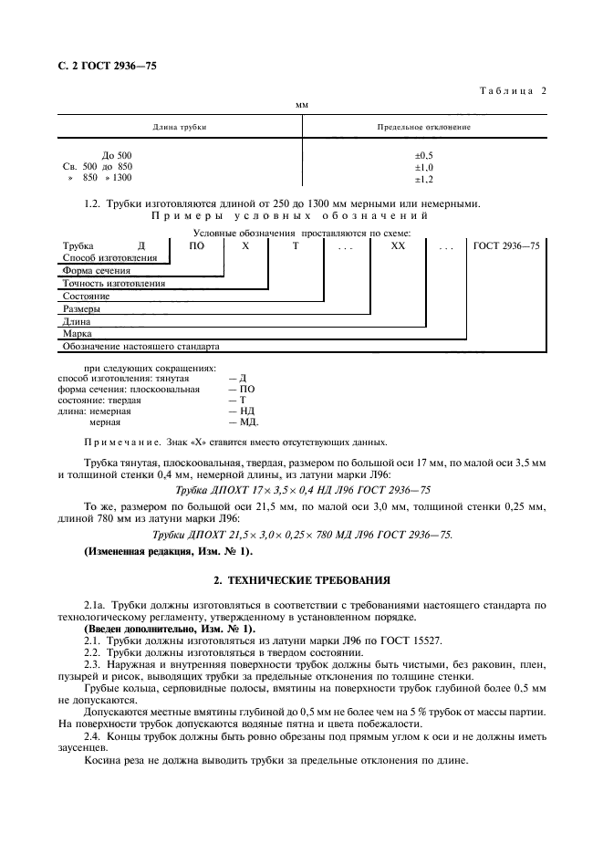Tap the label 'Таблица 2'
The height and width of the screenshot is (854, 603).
(x=511, y=90)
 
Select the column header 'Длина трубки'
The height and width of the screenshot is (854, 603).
(x=179, y=127)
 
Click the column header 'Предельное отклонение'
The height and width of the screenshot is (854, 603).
(x=423, y=127)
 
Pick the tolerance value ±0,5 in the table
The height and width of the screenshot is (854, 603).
(x=423, y=156)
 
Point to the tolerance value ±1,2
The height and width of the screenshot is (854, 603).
(x=423, y=179)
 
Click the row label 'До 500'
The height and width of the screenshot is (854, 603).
(x=117, y=156)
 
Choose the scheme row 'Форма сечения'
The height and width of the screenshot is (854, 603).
(x=96, y=271)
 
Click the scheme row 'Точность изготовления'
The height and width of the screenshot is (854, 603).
(x=113, y=284)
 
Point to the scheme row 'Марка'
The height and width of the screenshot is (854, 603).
(x=77, y=335)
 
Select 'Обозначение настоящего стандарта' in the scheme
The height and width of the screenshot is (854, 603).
(x=140, y=348)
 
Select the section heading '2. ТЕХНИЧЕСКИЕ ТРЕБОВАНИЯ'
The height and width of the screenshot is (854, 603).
(x=301, y=579)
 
